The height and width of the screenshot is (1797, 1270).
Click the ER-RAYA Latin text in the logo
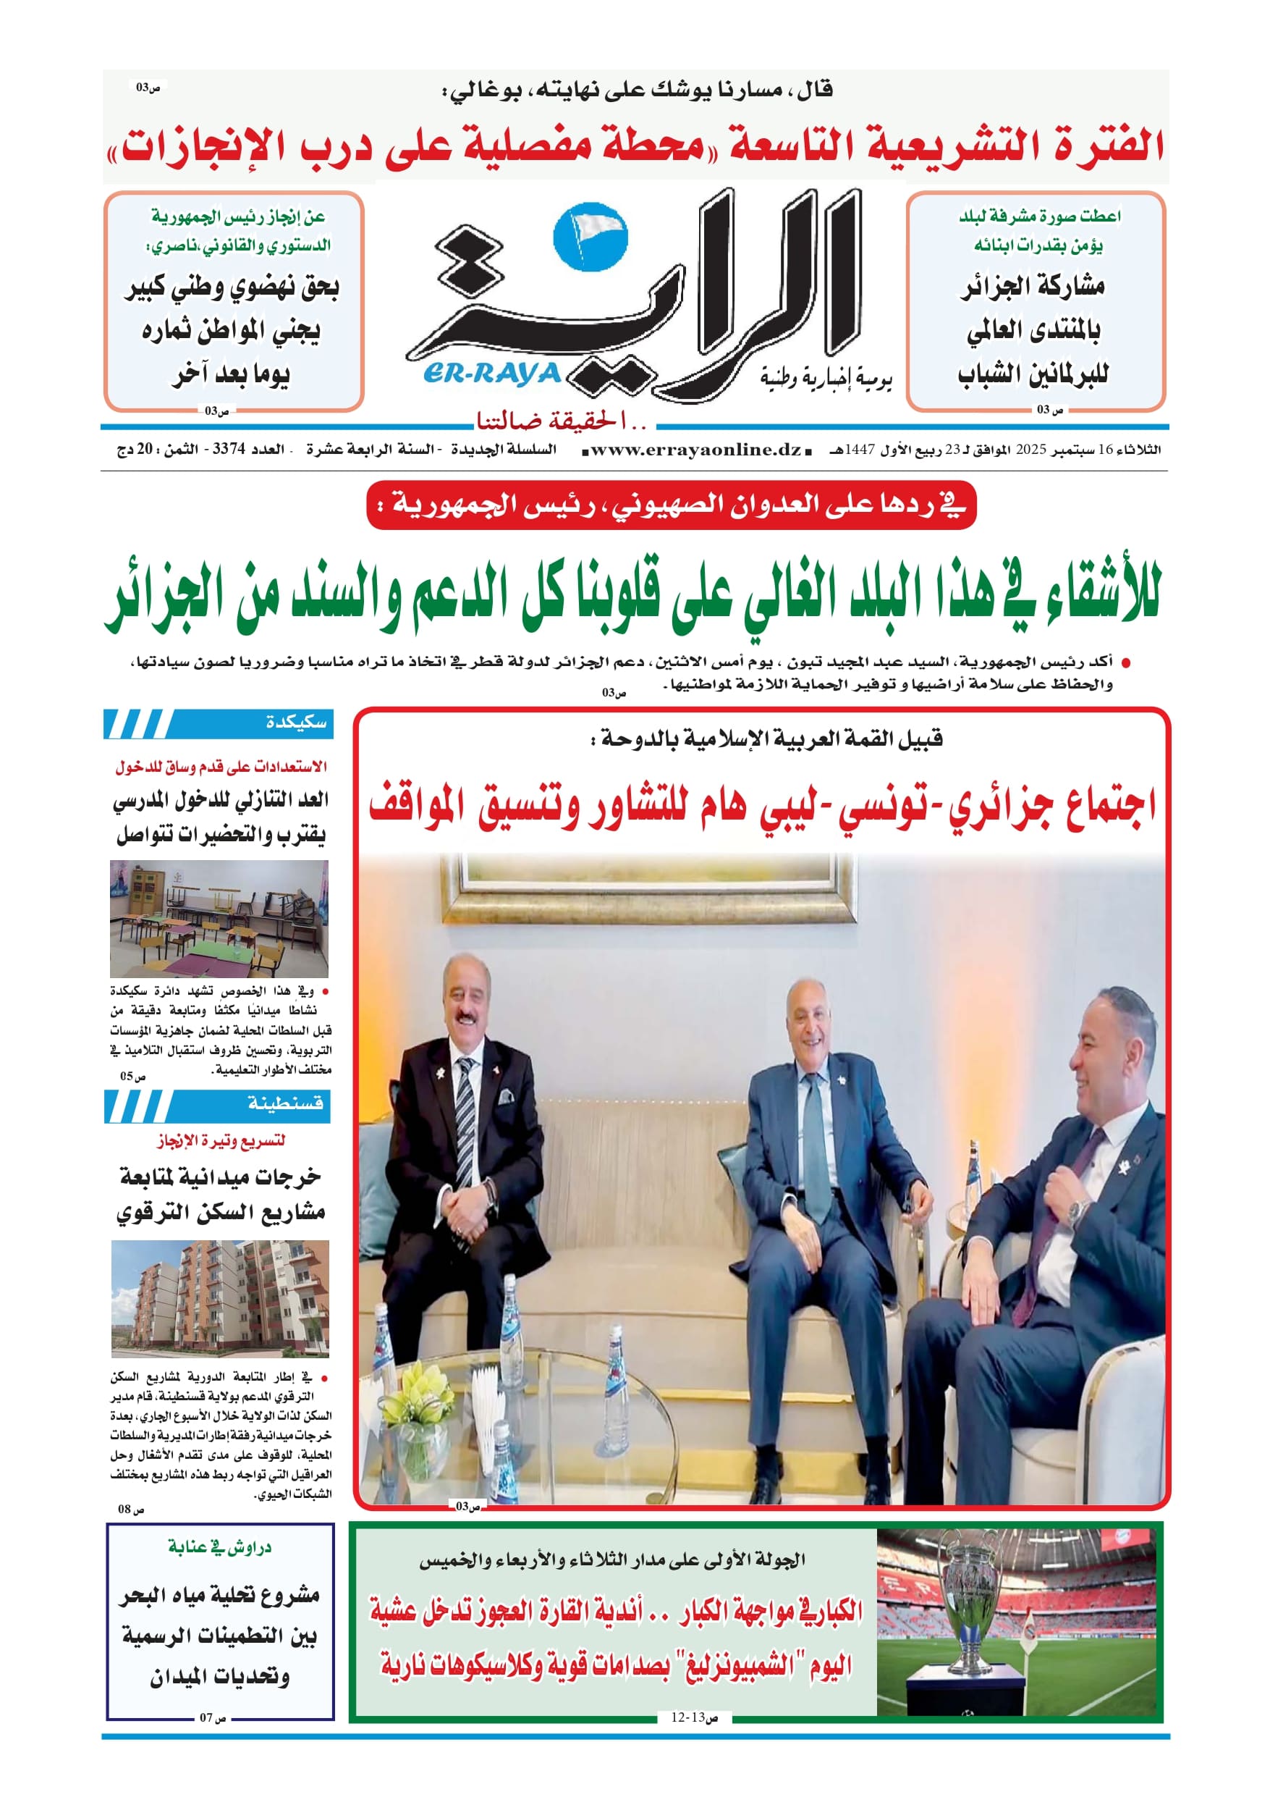tap(492, 374)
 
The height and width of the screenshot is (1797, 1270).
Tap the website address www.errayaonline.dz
tap(695, 450)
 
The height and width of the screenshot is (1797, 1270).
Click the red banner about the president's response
tap(672, 505)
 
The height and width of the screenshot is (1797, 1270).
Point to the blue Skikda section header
tap(219, 723)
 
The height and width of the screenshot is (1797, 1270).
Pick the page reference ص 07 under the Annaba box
tap(212, 1718)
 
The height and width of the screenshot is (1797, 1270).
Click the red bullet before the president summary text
tap(1126, 664)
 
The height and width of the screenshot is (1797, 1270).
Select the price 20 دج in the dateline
tap(135, 450)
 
